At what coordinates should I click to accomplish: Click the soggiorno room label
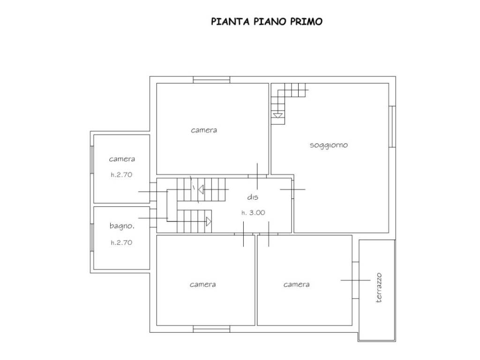click(329, 145)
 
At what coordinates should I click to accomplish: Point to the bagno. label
click(122, 226)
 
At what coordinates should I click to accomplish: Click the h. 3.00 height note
click(253, 212)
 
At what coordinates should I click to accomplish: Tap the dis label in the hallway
click(253, 197)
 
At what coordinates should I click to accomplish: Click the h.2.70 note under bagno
click(122, 242)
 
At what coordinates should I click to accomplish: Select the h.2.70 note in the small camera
click(122, 175)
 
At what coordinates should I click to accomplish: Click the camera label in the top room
click(204, 130)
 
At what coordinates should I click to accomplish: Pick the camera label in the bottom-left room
click(203, 284)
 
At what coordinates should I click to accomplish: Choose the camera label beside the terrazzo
click(296, 284)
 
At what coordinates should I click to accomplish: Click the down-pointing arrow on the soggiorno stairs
click(278, 115)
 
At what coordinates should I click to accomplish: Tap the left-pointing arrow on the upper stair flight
click(200, 190)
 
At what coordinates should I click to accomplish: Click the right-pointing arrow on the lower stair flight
click(209, 221)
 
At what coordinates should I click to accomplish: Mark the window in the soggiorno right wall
click(392, 127)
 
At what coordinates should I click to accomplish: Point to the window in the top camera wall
click(211, 80)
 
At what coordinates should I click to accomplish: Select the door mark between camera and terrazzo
click(356, 280)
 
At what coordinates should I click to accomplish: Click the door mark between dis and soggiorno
click(292, 189)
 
